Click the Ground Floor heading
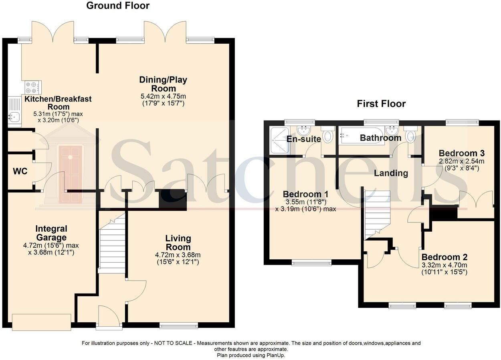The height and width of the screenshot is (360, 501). pos(118,6)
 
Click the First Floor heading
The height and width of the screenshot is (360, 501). pos(381,104)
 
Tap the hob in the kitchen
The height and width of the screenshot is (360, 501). pos(33,87)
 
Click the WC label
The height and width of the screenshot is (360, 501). pos(20,171)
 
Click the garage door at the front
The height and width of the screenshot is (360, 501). pos(42,322)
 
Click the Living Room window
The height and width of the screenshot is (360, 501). pos(178,326)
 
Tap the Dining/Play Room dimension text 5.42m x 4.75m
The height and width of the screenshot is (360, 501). pos(163,96)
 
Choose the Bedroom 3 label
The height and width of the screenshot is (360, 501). pos(461,153)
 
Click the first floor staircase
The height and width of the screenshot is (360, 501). pos(377,214)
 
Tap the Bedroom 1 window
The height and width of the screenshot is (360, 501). pos(311,263)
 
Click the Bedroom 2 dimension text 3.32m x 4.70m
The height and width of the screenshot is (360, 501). pos(444,265)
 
